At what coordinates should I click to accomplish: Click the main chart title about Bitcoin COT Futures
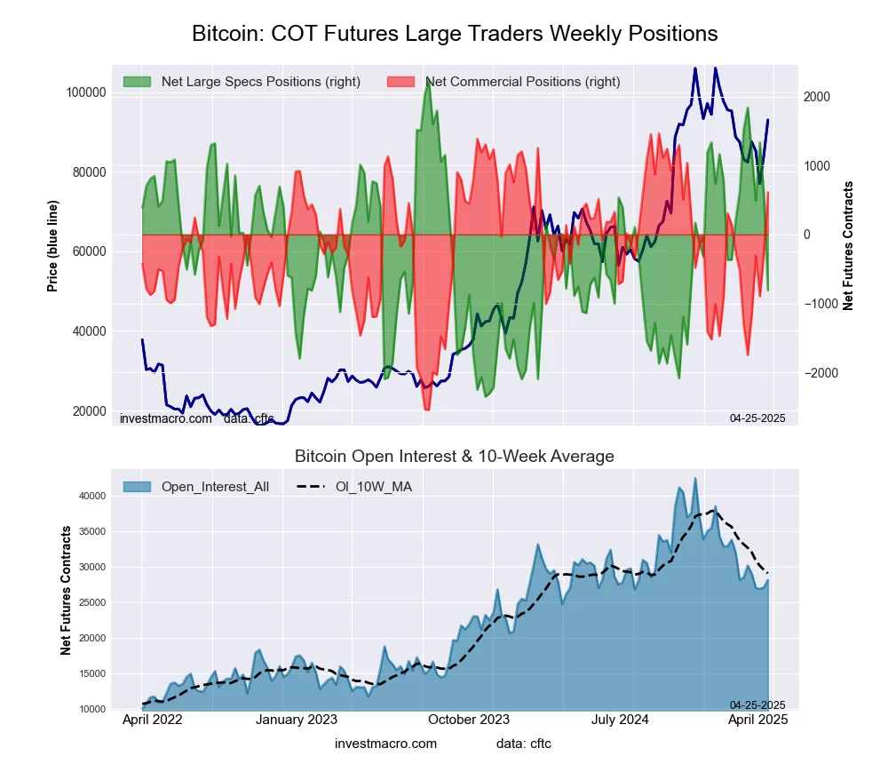pyautogui.click(x=455, y=34)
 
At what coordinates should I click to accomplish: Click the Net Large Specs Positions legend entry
pyautogui.click(x=260, y=82)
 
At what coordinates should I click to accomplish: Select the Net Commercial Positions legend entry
pyautogui.click(x=522, y=82)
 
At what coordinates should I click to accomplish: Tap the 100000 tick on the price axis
pyautogui.click(x=87, y=92)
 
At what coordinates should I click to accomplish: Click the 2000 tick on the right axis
pyautogui.click(x=819, y=97)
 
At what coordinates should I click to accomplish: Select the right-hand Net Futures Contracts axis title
pyautogui.click(x=848, y=245)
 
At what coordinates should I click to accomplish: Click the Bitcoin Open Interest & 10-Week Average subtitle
pyautogui.click(x=455, y=457)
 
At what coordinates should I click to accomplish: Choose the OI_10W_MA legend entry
pyautogui.click(x=373, y=486)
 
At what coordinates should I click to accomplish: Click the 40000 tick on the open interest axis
pyautogui.click(x=94, y=496)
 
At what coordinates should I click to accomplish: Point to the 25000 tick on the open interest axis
pyautogui.click(x=94, y=602)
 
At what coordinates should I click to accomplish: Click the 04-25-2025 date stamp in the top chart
pyautogui.click(x=758, y=418)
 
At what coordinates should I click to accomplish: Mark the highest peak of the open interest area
pyautogui.click(x=695, y=478)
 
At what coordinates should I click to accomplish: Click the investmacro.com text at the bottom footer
pyautogui.click(x=386, y=744)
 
